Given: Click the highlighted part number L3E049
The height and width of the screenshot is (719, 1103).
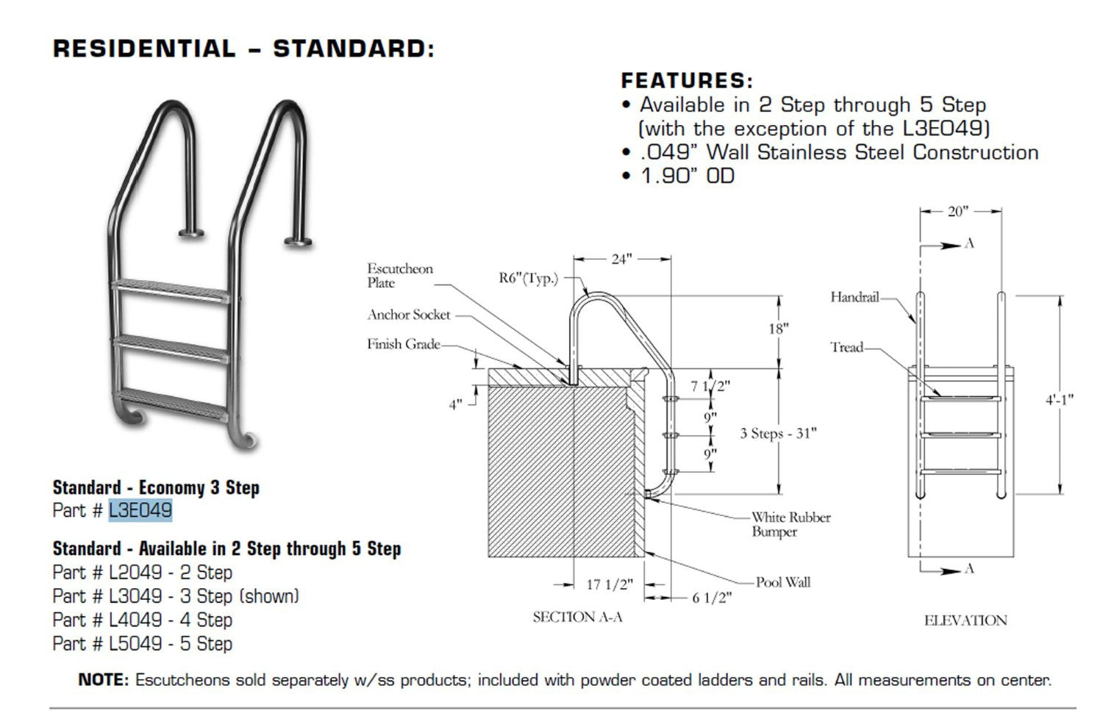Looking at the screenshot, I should tap(140, 510).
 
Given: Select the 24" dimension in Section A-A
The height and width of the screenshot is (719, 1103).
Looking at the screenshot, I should tap(621, 259).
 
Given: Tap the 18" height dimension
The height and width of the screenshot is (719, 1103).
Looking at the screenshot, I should tap(778, 329).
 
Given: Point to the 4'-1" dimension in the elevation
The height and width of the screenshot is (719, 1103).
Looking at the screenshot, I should tap(1060, 400).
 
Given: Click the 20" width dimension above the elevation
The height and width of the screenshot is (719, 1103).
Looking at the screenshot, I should tap(957, 212).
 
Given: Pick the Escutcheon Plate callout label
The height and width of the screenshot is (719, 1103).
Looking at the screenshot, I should tap(400, 276).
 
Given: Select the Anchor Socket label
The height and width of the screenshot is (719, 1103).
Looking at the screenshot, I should tap(409, 315).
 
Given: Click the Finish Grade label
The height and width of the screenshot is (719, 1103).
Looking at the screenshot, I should tap(404, 344).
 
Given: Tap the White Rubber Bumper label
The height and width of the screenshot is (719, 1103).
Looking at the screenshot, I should tap(790, 524).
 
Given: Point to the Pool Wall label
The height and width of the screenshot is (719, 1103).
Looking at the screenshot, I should tap(783, 582).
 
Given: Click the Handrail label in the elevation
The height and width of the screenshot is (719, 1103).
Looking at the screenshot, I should tap(854, 297).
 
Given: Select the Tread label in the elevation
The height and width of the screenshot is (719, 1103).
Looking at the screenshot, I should tap(846, 347).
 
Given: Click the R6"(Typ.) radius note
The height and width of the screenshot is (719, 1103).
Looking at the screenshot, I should tap(528, 278).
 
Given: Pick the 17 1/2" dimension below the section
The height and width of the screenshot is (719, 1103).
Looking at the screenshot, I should tap(609, 584).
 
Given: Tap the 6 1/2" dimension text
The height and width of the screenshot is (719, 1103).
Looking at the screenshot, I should tap(712, 598).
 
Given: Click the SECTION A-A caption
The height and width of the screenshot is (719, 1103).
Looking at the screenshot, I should tap(577, 617).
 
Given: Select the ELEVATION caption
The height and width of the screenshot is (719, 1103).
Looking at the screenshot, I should tap(965, 620).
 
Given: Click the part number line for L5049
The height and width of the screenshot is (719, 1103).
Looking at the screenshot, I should tap(142, 644).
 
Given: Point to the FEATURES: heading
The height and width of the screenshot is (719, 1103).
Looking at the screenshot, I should tap(687, 81).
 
